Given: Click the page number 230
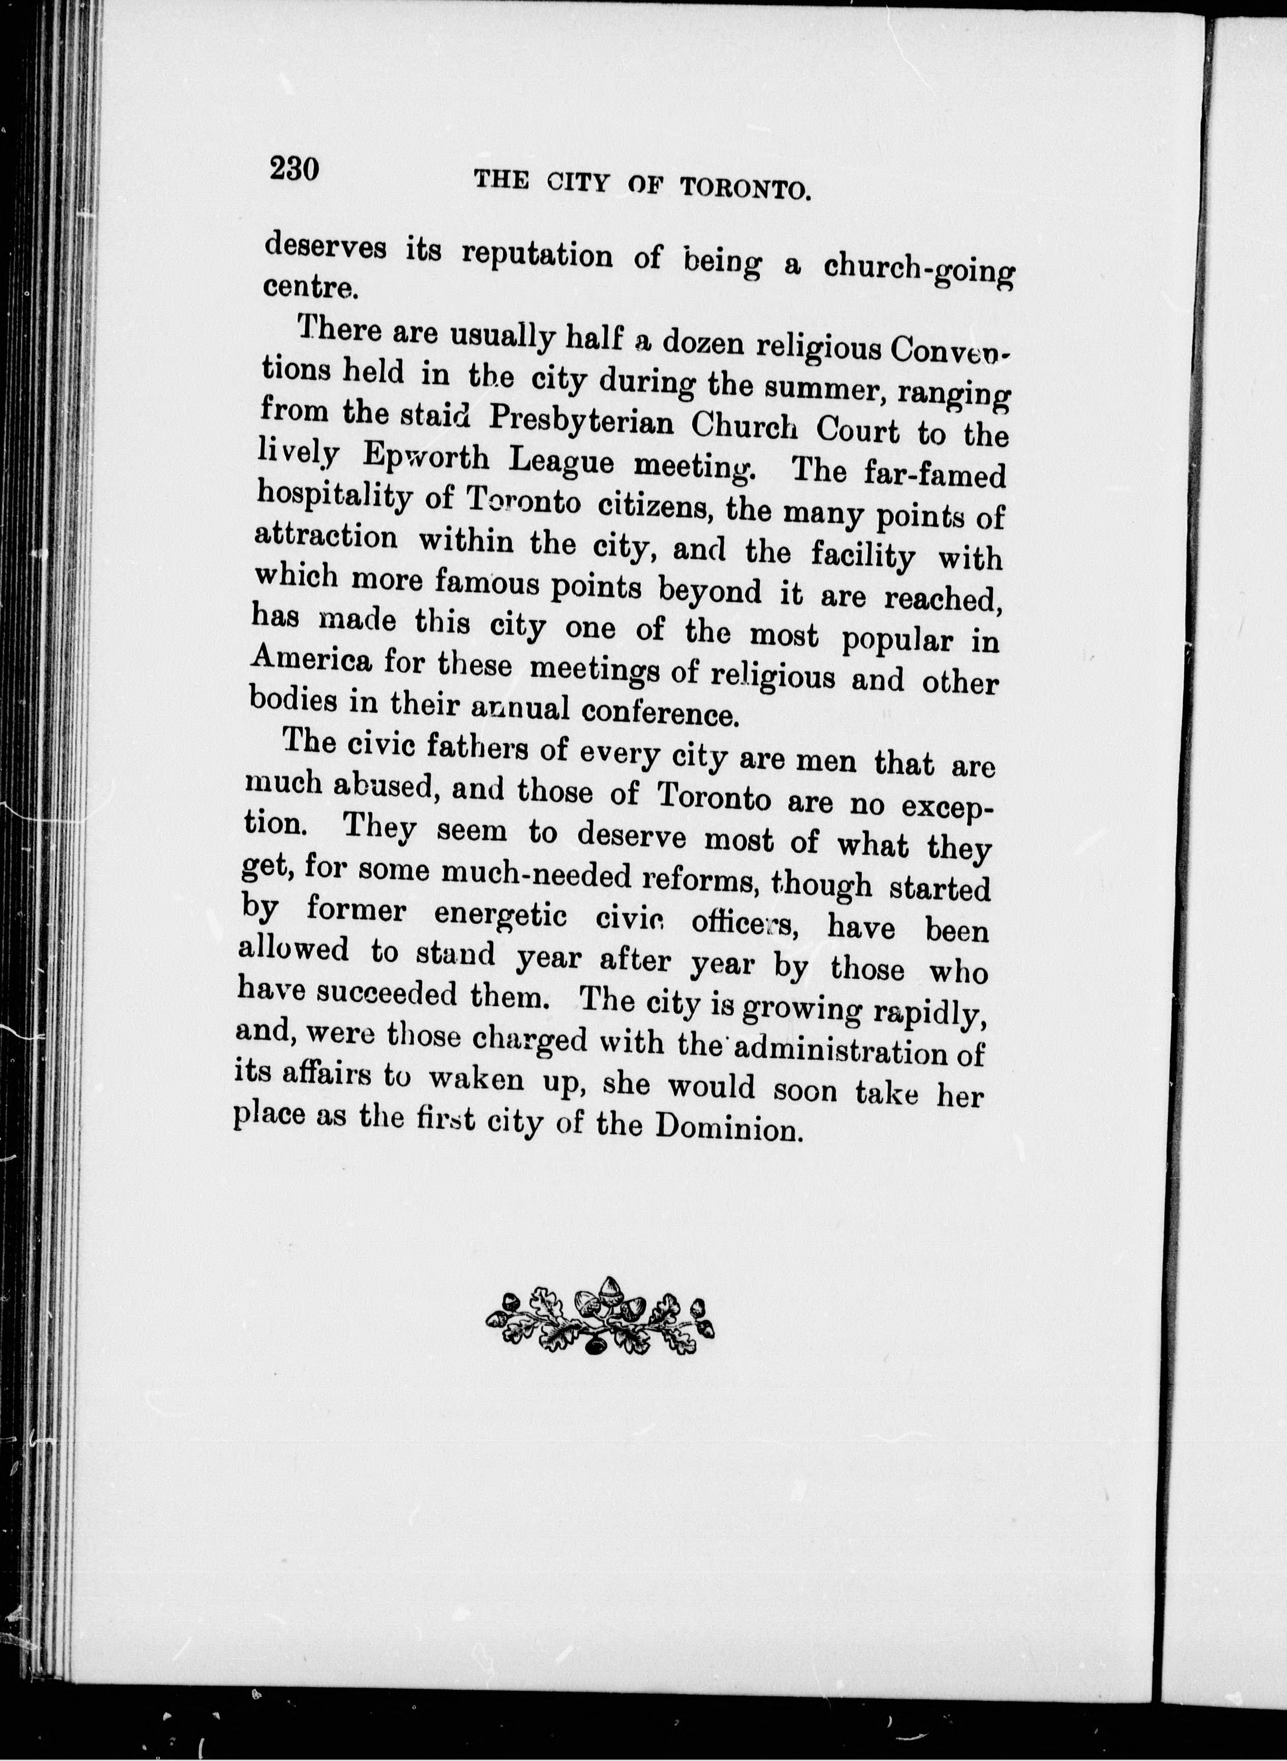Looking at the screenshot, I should tap(294, 168).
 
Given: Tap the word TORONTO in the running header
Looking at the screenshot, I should tap(743, 189).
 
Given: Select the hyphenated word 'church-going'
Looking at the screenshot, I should tap(920, 269).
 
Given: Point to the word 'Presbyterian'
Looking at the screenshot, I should tap(580, 422).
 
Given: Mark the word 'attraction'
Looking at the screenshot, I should tap(326, 538).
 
